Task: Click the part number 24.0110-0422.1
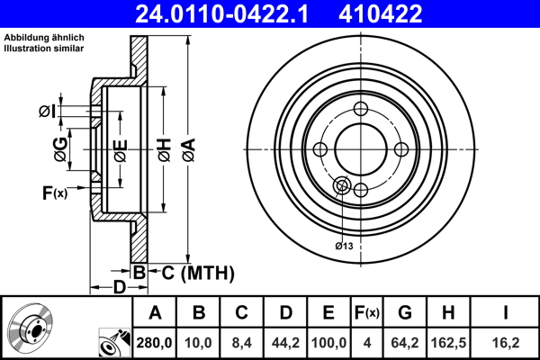225,13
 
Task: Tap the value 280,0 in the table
155,343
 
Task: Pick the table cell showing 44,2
285,343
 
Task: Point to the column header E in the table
328,313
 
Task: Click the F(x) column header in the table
367,313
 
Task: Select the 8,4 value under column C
241,343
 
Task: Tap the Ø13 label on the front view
343,245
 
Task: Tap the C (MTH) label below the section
192,272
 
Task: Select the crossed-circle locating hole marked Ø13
341,185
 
